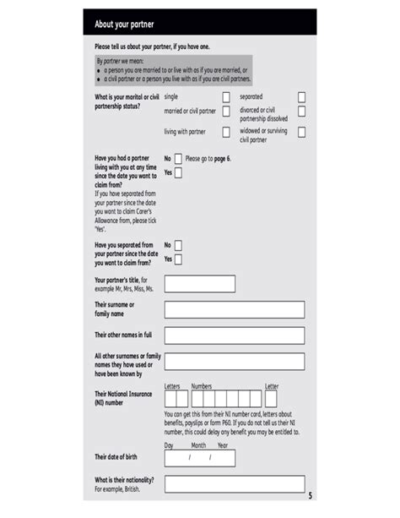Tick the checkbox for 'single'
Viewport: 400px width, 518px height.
(226, 97)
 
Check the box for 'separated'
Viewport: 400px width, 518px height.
(301, 97)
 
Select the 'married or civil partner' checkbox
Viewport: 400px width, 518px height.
(226, 112)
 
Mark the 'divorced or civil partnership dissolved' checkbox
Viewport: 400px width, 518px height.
(301, 112)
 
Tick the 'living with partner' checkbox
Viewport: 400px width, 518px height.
(226, 132)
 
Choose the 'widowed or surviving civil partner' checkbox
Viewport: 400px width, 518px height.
(301, 133)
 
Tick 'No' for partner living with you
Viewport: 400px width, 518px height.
(178, 158)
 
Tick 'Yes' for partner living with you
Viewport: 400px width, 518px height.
(178, 172)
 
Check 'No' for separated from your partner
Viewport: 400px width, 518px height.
(178, 245)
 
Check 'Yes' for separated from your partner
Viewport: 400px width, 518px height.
(178, 259)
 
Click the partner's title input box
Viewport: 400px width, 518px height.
(199, 284)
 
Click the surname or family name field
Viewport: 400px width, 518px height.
(234, 309)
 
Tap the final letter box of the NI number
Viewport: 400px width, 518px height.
(270, 398)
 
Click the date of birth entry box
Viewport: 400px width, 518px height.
(199, 458)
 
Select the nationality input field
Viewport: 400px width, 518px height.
(234, 484)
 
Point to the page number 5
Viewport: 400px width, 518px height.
(310, 495)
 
